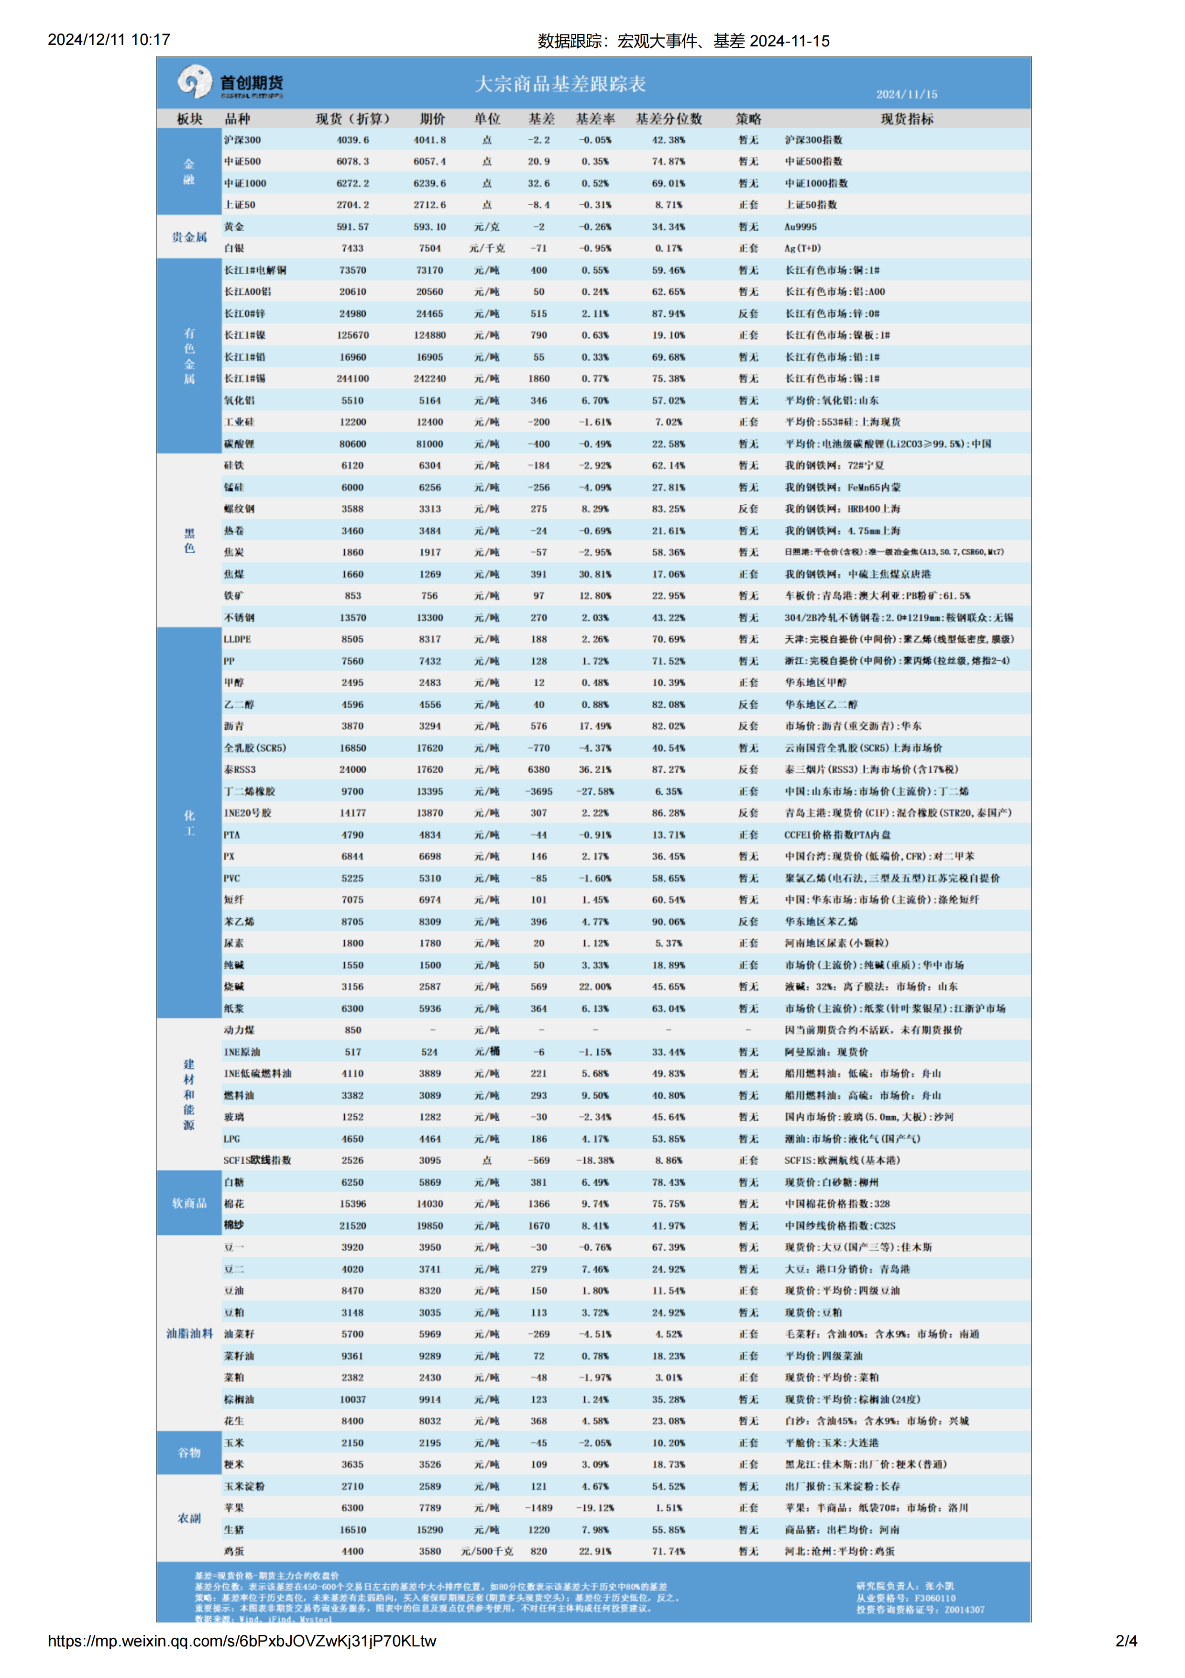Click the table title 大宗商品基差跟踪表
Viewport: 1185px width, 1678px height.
[x=560, y=84]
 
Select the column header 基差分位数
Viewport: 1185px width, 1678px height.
[x=669, y=118]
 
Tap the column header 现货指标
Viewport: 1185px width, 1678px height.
[x=907, y=118]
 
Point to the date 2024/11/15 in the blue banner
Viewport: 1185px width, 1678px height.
[x=907, y=94]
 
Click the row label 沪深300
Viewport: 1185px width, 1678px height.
[x=242, y=140]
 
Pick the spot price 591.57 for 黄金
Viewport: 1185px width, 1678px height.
[x=353, y=227]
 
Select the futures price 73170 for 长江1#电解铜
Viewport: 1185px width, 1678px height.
[x=429, y=270]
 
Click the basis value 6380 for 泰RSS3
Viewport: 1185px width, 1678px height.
[x=538, y=769]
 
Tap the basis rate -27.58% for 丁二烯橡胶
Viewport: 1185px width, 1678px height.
[x=595, y=791]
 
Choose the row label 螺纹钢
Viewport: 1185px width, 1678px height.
[x=240, y=509]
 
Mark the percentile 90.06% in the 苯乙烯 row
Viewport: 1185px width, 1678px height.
[x=669, y=922]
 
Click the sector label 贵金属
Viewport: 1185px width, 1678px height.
[x=189, y=237]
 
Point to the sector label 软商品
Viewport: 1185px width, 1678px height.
[x=189, y=1203]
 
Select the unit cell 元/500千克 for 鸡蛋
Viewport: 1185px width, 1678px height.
[x=486, y=1551]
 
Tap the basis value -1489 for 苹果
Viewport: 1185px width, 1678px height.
[x=538, y=1508]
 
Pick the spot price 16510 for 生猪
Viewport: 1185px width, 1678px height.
[x=353, y=1530]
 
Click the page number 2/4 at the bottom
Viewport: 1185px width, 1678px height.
[x=1126, y=1641]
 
